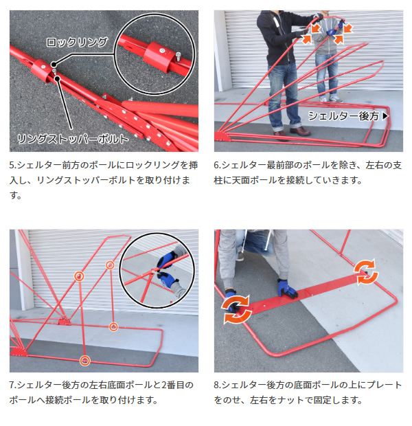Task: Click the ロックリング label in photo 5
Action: pyautogui.click(x=77, y=42)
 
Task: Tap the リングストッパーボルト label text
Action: pyautogui.click(x=73, y=139)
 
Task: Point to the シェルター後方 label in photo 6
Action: pyautogui.click(x=343, y=116)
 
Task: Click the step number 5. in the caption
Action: pyautogui.click(x=12, y=165)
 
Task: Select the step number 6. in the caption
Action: pyautogui.click(x=217, y=165)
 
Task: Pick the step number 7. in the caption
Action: pyautogui.click(x=12, y=385)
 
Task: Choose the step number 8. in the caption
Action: pyautogui.click(x=217, y=385)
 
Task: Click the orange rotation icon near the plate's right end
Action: pyautogui.click(x=365, y=272)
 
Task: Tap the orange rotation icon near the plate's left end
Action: pyautogui.click(x=236, y=309)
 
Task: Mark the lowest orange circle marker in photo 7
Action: pyautogui.click(x=84, y=361)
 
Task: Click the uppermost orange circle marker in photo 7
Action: pyautogui.click(x=110, y=265)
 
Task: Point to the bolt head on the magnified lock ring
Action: pyautogui.click(x=161, y=51)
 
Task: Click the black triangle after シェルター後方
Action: pyautogui.click(x=385, y=116)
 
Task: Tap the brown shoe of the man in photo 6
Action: pyautogui.click(x=299, y=131)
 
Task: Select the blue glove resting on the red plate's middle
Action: pyautogui.click(x=287, y=289)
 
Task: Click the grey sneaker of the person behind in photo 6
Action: pyautogui.click(x=335, y=99)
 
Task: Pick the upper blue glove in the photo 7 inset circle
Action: pyautogui.click(x=166, y=260)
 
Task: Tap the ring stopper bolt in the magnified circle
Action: pyautogui.click(x=178, y=57)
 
